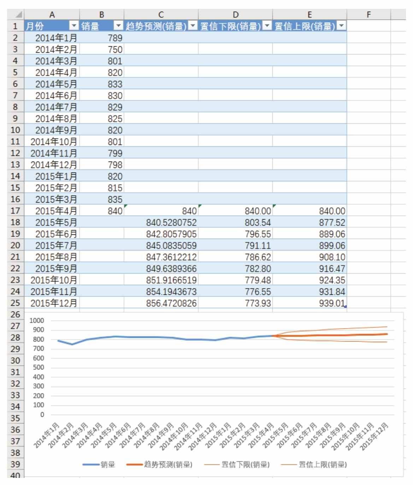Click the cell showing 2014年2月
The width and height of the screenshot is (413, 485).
(x=56, y=49)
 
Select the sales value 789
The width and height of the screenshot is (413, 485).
(x=115, y=38)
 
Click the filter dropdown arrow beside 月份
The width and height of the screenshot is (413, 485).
(x=74, y=26)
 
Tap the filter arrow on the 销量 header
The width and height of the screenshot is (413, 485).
(x=118, y=26)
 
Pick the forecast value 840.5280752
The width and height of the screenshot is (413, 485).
(x=171, y=222)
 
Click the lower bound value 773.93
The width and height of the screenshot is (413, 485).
(x=258, y=303)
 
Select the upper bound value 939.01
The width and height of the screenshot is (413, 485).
(x=332, y=303)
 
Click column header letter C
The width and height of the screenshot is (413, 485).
(x=161, y=14)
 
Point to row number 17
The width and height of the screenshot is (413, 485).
(x=15, y=211)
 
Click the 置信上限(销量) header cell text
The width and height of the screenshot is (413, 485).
(x=305, y=26)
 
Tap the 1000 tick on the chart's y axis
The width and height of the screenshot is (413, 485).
(x=37, y=321)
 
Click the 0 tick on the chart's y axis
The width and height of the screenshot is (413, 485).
(x=42, y=415)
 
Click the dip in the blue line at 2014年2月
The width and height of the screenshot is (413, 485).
(x=72, y=344)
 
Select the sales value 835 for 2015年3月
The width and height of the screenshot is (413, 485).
(x=115, y=199)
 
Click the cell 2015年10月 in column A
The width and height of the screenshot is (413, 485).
(x=53, y=280)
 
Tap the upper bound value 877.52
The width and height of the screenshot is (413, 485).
(x=332, y=222)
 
